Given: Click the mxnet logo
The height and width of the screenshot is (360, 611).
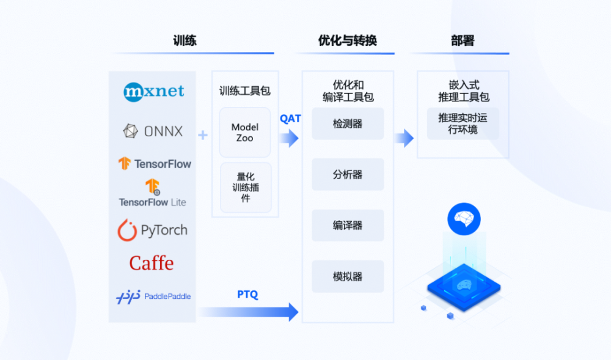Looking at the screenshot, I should (x=153, y=92).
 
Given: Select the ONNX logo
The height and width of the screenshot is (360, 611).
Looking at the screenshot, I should (x=153, y=131).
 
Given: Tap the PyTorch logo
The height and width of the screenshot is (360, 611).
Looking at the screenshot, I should (x=153, y=230).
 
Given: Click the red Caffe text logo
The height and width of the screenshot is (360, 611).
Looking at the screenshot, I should (x=152, y=263).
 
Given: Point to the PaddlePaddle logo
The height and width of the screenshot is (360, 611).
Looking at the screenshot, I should (x=153, y=296).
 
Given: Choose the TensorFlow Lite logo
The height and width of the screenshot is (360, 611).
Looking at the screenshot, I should (x=152, y=194).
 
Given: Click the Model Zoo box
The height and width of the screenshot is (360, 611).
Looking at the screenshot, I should (x=245, y=133).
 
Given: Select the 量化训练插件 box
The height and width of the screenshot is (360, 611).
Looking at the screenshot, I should (x=245, y=188).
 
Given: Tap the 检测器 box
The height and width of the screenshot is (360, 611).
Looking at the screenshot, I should (x=348, y=123).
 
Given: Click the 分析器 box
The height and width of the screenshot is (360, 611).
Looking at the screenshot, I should (x=348, y=175).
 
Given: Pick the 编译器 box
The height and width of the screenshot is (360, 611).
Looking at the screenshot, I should (x=348, y=226).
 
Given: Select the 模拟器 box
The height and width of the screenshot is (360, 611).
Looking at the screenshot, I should (x=348, y=276).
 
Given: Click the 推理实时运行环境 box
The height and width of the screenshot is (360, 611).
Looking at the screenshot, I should (x=463, y=123).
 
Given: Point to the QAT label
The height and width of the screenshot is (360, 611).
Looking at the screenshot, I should (x=290, y=119).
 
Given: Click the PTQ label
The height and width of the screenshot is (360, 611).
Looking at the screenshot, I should (x=247, y=295).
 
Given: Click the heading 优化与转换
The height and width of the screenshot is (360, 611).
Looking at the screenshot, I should (x=348, y=41).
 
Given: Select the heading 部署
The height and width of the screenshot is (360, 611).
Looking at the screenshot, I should (x=463, y=41).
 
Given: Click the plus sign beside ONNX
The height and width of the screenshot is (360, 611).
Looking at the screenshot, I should (x=203, y=135).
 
